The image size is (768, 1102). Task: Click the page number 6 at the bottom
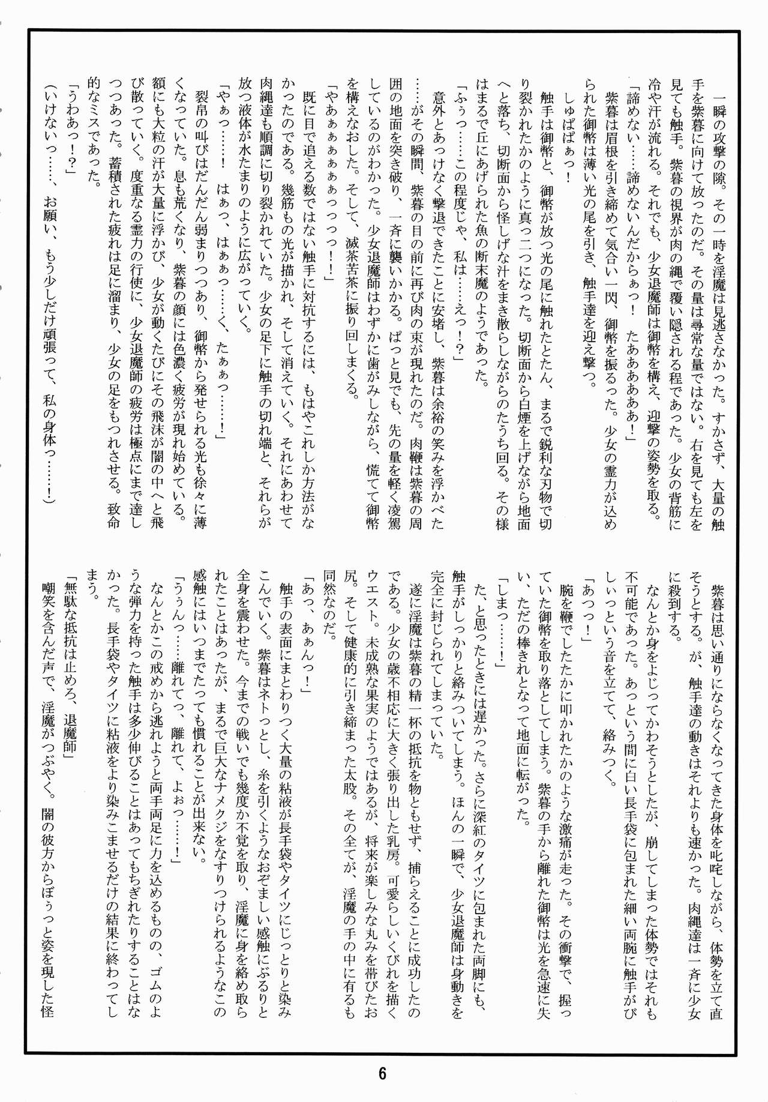pyautogui.click(x=382, y=1073)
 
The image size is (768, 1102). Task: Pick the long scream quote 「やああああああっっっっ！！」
pyautogui.click(x=329, y=186)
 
